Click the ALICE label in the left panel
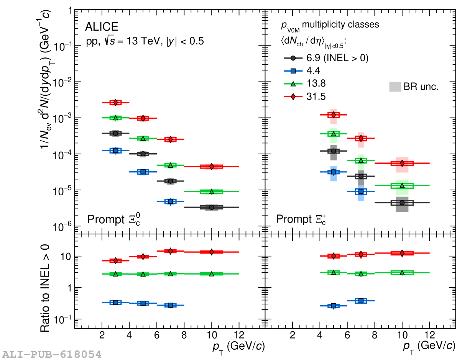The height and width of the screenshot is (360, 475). [x=102, y=27]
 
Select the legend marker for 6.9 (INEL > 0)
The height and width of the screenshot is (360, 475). [x=293, y=58]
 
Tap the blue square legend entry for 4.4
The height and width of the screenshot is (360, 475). [x=293, y=71]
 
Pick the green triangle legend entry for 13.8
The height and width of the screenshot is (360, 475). [x=293, y=84]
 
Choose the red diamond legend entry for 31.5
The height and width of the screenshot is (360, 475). [x=293, y=97]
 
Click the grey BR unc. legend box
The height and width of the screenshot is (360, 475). [x=394, y=87]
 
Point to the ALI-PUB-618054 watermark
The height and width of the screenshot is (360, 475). [x=51, y=353]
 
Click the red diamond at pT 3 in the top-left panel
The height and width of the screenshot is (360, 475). [x=115, y=102]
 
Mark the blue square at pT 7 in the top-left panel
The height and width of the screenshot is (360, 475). [x=170, y=201]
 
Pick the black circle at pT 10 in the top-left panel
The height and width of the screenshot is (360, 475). [x=211, y=207]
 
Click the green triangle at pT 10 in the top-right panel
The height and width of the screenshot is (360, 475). [x=402, y=186]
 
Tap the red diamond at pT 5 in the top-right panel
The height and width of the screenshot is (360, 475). [x=334, y=115]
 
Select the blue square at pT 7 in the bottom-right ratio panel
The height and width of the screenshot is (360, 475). [x=361, y=301]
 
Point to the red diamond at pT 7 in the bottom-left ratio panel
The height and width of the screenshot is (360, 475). [x=170, y=251]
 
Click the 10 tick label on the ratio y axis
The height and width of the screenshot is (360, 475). [x=65, y=256]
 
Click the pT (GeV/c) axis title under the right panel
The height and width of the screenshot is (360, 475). [x=429, y=346]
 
